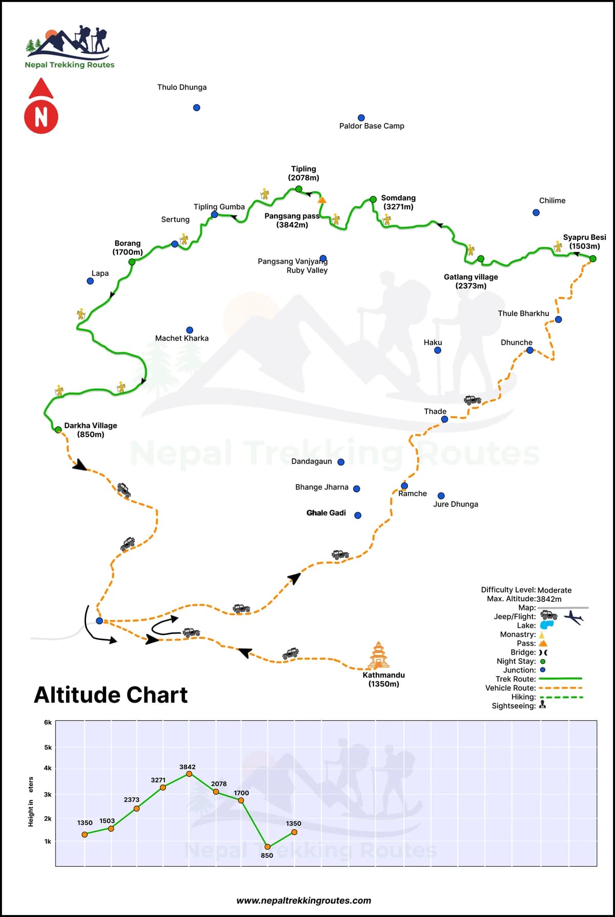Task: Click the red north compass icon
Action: click(x=41, y=107)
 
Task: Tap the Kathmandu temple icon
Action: click(x=378, y=656)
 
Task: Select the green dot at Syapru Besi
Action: click(x=592, y=259)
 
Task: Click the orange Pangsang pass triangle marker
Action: click(x=322, y=200)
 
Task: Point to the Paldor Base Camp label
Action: click(x=372, y=126)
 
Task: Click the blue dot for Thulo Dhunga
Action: click(x=196, y=108)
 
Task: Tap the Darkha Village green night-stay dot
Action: click(x=58, y=430)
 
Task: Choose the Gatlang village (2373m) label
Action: click(x=470, y=281)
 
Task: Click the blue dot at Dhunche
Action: click(x=530, y=351)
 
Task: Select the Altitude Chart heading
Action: click(x=111, y=695)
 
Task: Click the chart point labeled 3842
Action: click(x=189, y=773)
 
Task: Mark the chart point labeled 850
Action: click(x=268, y=847)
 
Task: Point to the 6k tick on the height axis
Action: click(x=48, y=723)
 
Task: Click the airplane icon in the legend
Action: click(x=573, y=617)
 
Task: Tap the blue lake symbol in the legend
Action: click(x=547, y=625)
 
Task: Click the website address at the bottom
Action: click(x=303, y=901)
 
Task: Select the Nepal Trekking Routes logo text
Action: click(x=70, y=65)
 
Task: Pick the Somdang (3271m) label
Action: click(x=398, y=202)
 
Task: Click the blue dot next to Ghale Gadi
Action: click(x=358, y=516)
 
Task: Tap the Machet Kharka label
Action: click(x=182, y=338)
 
